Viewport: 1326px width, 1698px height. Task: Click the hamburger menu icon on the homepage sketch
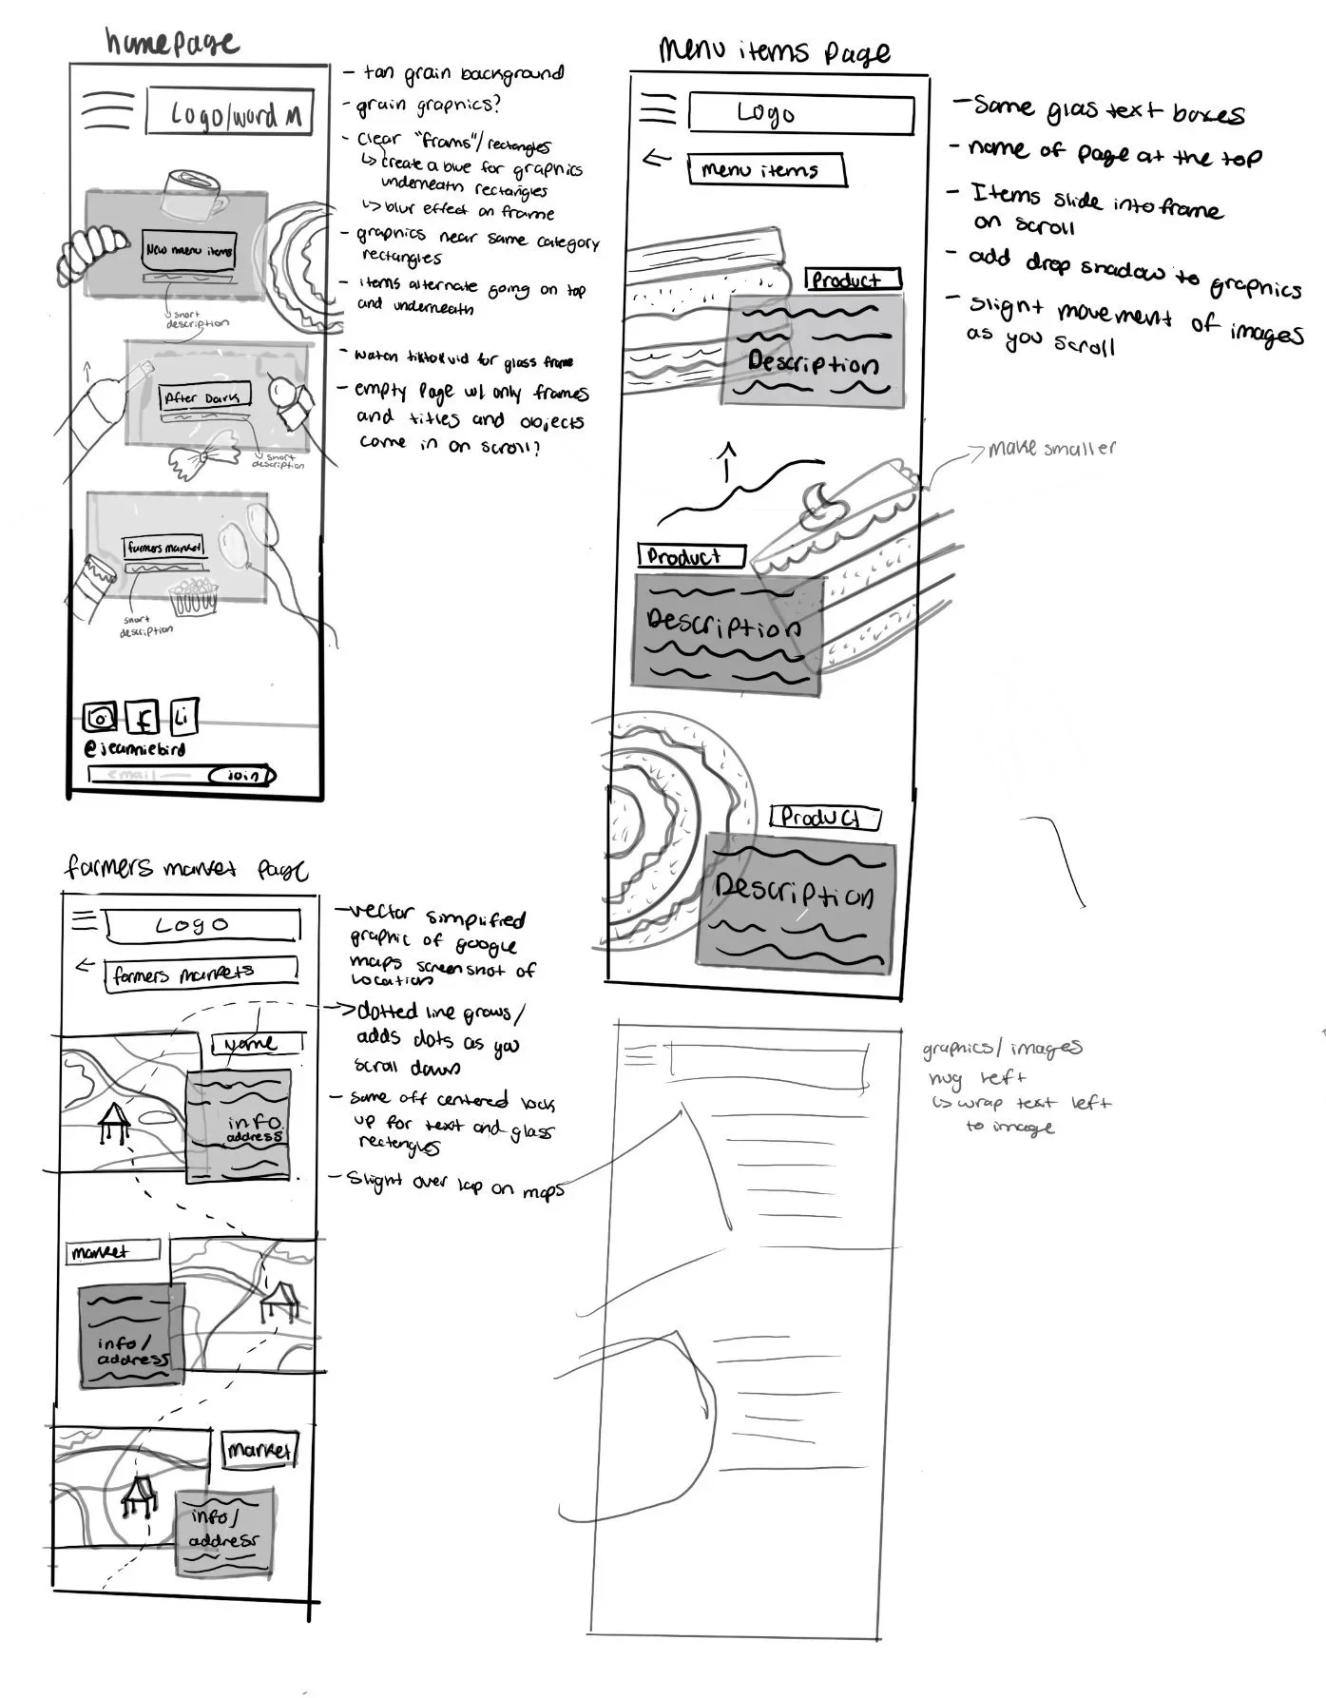[x=106, y=112]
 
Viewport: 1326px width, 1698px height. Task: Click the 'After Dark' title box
[x=203, y=397]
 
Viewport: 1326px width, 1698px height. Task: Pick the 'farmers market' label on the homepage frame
[x=164, y=548]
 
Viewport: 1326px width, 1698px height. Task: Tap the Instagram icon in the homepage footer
[x=99, y=718]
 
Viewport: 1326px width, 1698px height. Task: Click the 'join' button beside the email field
[x=244, y=776]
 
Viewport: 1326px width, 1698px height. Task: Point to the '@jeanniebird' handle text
[x=136, y=748]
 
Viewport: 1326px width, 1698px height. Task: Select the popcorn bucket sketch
[x=195, y=598]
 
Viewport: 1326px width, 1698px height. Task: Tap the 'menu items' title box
[x=765, y=170]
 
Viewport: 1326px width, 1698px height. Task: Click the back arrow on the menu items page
[x=657, y=158]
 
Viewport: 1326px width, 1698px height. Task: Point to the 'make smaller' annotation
[x=1051, y=448]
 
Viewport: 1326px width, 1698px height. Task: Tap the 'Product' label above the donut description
[x=824, y=818]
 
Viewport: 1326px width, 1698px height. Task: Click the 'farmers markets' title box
[x=200, y=974]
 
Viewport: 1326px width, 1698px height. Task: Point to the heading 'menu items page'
[x=775, y=51]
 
